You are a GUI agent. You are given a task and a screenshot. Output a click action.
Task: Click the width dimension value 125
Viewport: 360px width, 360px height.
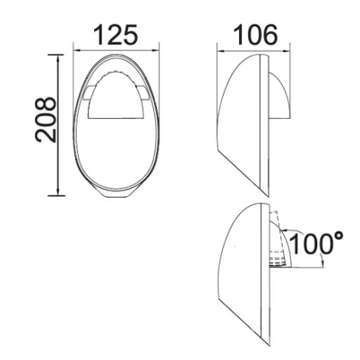pyautogui.click(x=116, y=35)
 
